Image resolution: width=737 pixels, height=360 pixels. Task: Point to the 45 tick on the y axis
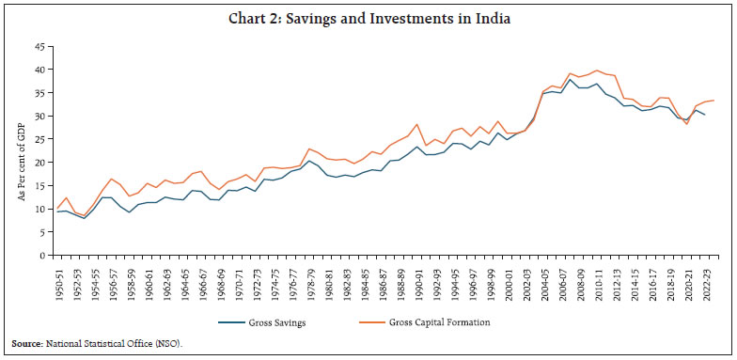39,46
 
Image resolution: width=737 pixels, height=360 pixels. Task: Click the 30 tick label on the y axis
39,116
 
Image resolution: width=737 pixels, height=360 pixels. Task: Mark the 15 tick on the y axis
39,185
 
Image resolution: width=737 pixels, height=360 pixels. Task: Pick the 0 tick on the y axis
42,255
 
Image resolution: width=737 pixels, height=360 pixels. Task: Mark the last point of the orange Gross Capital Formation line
714,101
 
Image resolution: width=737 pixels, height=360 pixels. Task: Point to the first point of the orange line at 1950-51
57,208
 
